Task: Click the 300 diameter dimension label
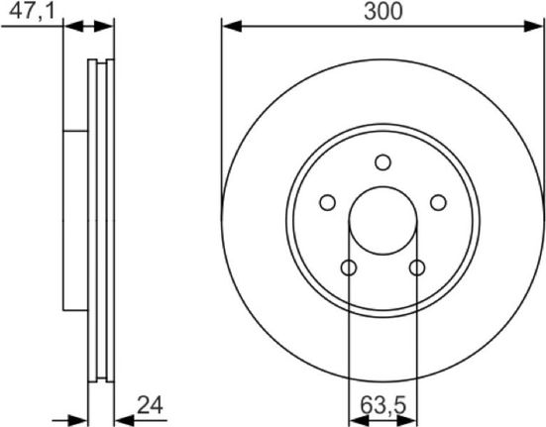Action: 383,11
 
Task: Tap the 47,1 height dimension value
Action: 32,11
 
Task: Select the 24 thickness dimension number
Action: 150,405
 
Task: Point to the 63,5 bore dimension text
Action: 383,405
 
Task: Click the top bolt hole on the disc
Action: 383,162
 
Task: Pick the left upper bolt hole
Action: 328,202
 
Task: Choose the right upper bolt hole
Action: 438,202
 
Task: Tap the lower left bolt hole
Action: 349,267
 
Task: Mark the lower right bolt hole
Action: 417,267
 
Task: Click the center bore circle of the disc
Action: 383,187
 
